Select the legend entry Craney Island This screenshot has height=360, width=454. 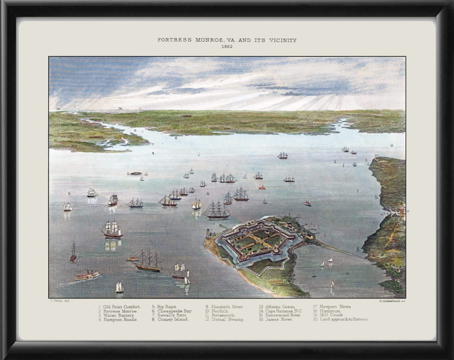[x=171, y=319]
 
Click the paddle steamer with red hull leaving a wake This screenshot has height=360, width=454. [x=87, y=275]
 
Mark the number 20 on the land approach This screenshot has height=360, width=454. [x=275, y=287]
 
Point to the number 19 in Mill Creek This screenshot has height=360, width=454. [x=347, y=274]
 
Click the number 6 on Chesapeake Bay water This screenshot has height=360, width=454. [x=69, y=193]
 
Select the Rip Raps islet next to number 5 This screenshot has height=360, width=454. [x=136, y=173]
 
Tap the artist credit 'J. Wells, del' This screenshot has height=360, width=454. [x=59, y=301]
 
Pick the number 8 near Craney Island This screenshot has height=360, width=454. [x=176, y=138]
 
